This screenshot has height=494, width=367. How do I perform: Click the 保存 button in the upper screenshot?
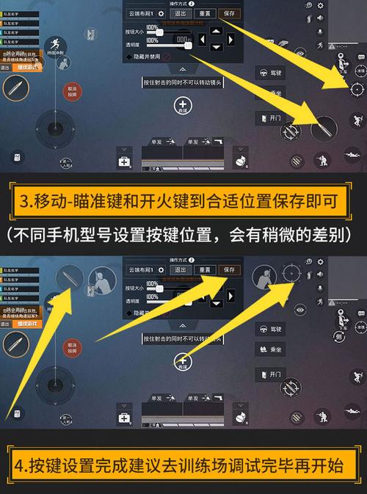click(230, 14)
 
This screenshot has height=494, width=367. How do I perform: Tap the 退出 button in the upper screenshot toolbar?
click(178, 14)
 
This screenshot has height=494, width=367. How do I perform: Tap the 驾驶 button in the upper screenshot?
click(269, 73)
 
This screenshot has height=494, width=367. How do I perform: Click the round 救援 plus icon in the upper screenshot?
click(183, 106)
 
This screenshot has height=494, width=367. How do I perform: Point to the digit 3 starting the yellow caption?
click(26, 200)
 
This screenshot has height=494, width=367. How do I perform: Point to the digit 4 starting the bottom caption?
click(26, 467)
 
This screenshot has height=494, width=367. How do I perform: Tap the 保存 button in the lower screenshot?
click(230, 270)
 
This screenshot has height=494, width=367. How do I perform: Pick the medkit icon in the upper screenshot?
click(125, 161)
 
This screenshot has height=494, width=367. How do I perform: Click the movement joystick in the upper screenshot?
click(49, 128)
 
